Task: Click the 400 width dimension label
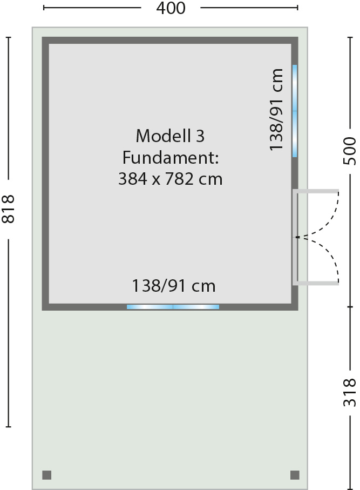pos(171,8)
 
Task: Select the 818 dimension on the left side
pos(9,209)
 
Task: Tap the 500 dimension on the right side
pos(350,151)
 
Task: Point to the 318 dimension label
pos(350,393)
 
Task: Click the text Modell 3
pos(170,136)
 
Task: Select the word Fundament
pos(168,157)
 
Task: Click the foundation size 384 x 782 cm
pos(171,179)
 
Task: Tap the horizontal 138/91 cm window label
pos(174,286)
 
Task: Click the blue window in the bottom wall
pos(173,307)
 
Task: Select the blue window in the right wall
pos(295,111)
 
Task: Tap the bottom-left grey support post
pos(47,475)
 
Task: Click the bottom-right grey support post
pos(295,475)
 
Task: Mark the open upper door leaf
pos(316,191)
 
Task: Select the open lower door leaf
pos(316,283)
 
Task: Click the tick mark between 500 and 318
pos(350,307)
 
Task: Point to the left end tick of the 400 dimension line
pos(44,8)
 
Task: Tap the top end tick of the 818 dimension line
pos(9,37)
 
